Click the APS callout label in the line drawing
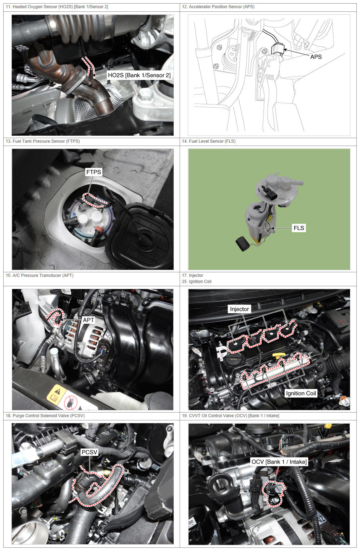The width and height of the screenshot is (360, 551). [316, 57]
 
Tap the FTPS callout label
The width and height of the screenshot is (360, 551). [94, 172]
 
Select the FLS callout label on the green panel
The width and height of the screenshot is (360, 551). [299, 228]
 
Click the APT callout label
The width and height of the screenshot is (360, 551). [89, 320]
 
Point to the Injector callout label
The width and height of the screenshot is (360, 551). [239, 309]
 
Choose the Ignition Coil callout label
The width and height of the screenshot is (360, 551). [301, 393]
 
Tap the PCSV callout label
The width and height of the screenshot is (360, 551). [89, 452]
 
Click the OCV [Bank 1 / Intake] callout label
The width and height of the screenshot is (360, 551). [279, 462]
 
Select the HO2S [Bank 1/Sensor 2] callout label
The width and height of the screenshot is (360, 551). [139, 75]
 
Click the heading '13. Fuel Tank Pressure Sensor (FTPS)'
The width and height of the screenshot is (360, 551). [43, 141]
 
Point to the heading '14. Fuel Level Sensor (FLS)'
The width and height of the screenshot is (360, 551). [209, 141]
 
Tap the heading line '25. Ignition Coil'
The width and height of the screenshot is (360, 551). [196, 282]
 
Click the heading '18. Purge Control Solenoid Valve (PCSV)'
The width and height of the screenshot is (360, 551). [45, 415]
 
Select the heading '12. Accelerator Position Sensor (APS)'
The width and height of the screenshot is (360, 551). [218, 7]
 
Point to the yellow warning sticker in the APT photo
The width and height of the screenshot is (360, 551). [57, 394]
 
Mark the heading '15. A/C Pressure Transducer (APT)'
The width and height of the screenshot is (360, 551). [39, 275]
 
